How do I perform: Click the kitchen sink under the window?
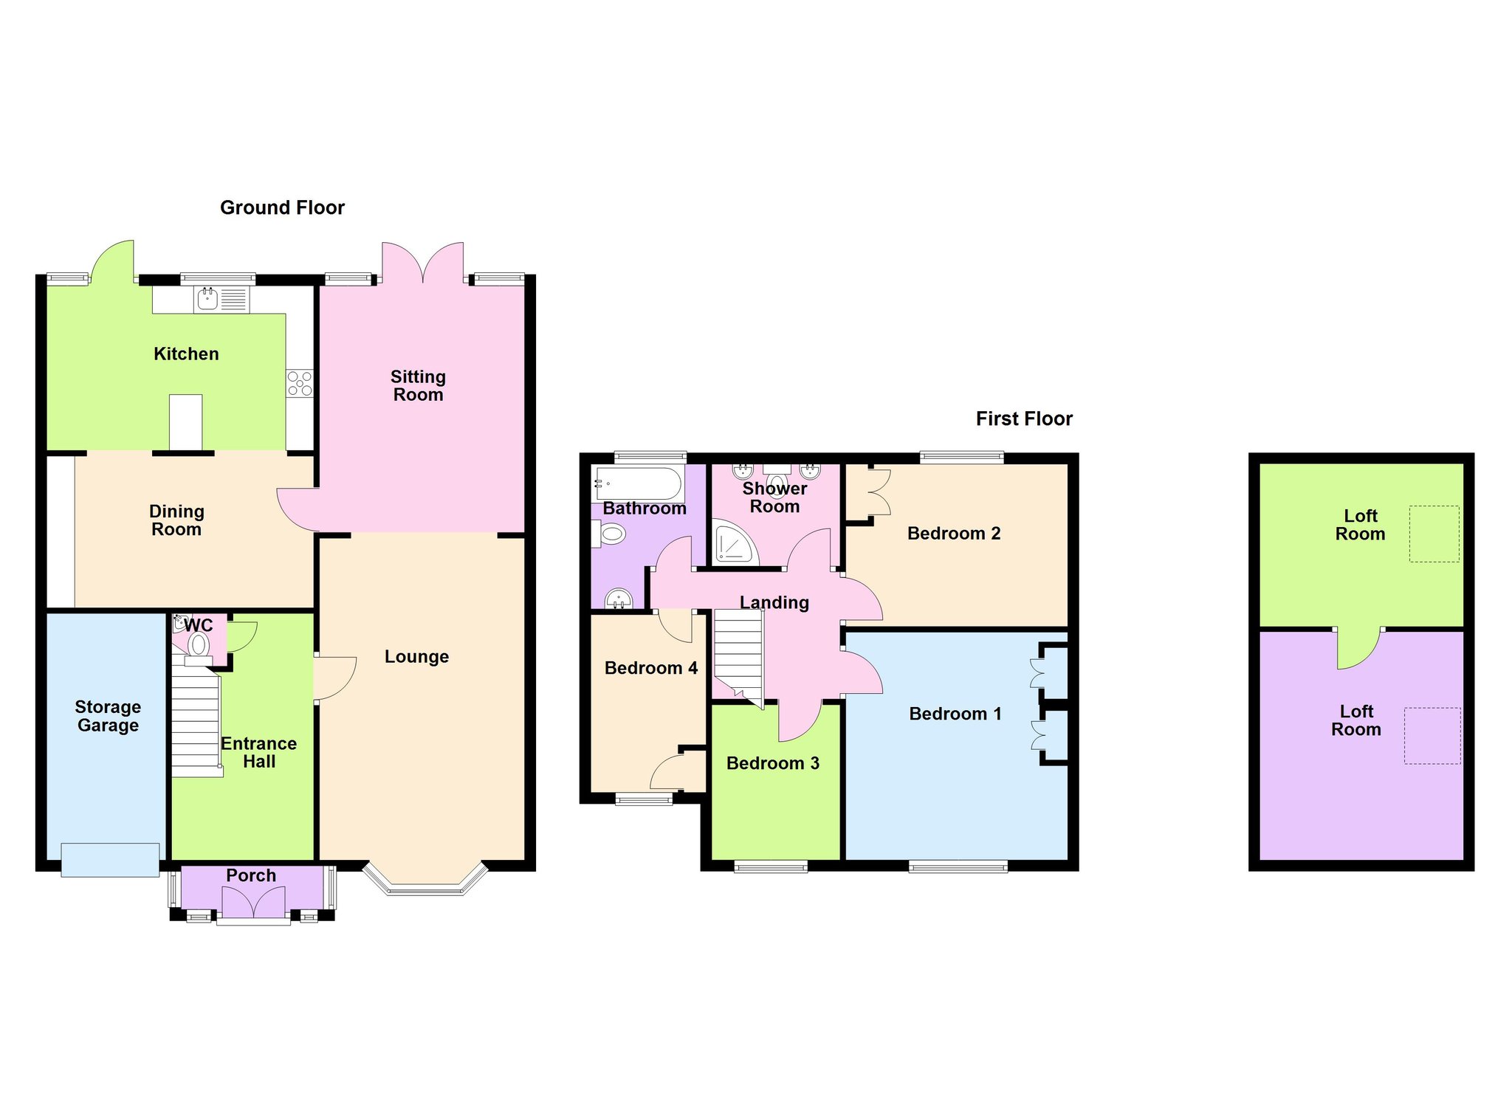222,300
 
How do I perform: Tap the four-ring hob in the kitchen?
300,384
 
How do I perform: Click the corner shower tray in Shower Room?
735,542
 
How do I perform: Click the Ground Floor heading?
282,207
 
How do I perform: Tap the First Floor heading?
1024,418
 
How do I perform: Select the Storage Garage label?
108,716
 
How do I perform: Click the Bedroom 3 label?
773,763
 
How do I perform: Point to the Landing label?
774,603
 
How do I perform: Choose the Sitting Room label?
418,385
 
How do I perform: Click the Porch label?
251,875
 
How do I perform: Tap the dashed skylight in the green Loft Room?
1434,534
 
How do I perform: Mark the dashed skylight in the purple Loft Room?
1432,736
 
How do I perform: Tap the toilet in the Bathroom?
609,534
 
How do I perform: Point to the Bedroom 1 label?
955,714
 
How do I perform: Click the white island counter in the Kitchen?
185,422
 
